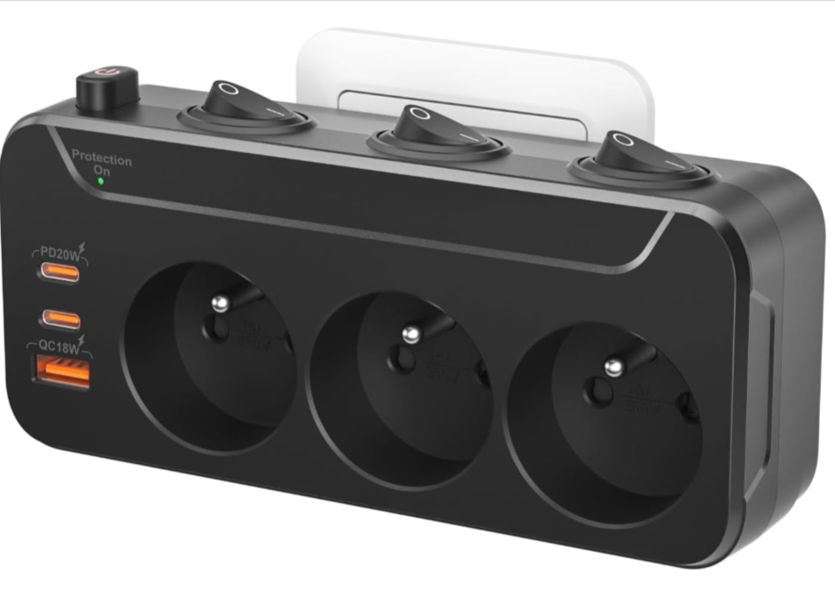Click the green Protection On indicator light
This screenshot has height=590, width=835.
click(x=100, y=181)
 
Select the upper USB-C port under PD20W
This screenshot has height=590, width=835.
click(x=59, y=273)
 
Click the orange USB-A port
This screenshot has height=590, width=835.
click(x=61, y=372)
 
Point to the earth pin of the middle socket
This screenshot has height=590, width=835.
click(x=410, y=334)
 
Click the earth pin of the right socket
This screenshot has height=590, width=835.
click(x=612, y=365)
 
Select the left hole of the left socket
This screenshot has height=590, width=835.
click(x=213, y=331)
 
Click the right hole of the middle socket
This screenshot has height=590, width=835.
click(x=483, y=373)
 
